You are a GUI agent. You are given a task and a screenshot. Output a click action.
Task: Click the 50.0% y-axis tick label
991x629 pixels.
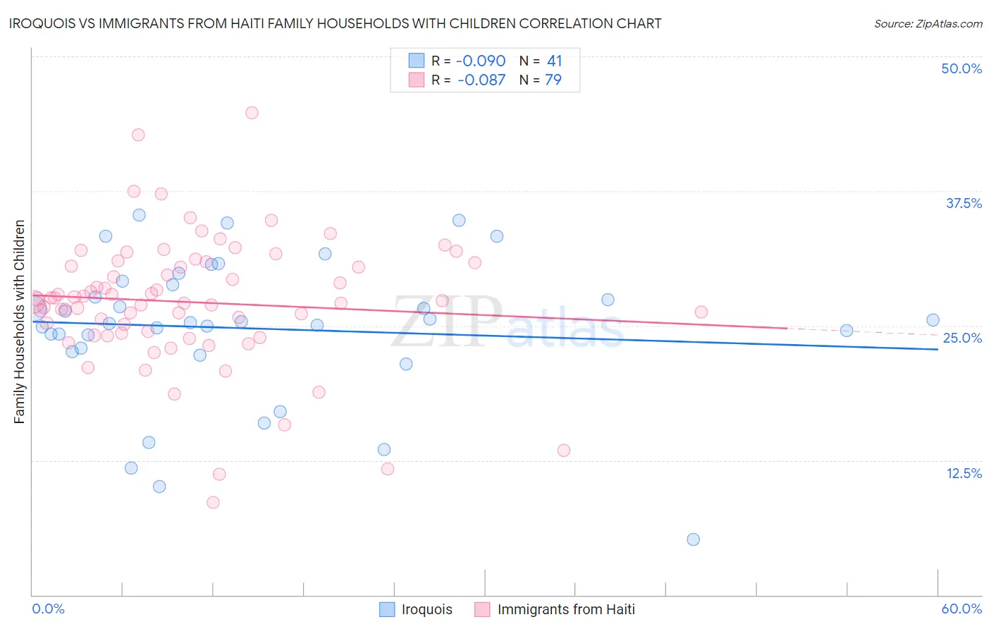961,68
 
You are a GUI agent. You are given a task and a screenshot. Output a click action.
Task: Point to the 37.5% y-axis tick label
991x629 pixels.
964,203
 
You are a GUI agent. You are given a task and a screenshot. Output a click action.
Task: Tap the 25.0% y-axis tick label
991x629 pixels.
962,338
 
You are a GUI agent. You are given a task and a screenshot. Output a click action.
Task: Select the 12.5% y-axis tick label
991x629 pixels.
964,473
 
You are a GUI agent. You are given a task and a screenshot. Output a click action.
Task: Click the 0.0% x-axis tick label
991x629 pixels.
48,609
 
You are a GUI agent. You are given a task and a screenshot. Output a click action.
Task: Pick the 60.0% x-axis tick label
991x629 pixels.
961,609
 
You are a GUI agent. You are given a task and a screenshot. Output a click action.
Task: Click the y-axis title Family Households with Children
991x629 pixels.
19,322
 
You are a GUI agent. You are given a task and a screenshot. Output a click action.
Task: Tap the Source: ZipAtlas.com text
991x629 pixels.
928,23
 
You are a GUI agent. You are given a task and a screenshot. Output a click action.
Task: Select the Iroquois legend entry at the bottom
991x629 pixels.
416,609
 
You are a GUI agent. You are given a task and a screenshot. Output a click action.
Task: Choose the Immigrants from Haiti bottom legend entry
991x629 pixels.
555,609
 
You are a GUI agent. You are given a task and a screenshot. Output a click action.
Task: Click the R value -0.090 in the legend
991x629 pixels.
481,61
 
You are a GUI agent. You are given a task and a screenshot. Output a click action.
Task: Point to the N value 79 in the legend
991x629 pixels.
553,80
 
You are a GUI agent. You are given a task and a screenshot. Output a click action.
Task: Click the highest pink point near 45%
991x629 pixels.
252,113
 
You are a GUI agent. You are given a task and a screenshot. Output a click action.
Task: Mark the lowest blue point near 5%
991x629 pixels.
693,539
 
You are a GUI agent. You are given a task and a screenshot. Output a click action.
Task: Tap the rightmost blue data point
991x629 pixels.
932,320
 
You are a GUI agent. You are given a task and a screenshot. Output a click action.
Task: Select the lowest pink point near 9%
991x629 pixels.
213,502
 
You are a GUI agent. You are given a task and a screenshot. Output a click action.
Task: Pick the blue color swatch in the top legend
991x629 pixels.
417,61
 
